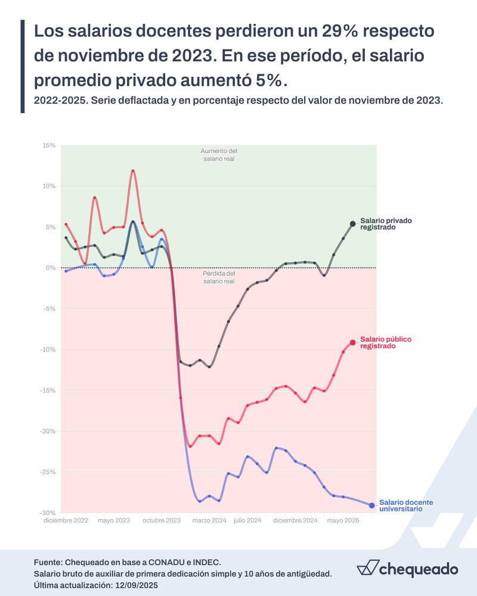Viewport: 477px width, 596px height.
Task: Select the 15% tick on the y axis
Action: (x=49, y=145)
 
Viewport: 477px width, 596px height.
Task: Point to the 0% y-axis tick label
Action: (x=51, y=268)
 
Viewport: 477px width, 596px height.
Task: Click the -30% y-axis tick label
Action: (x=48, y=513)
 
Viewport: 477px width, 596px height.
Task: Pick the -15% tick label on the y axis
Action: (x=48, y=390)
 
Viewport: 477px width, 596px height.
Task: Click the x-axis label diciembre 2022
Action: (x=66, y=520)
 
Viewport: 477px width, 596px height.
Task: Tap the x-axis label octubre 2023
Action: (x=162, y=520)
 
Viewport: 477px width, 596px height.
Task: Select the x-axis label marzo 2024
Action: (x=209, y=520)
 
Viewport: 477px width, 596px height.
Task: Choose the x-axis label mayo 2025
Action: (x=343, y=520)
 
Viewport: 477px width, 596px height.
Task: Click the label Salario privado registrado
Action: (x=386, y=223)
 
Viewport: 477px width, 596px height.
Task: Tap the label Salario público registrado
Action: (x=386, y=342)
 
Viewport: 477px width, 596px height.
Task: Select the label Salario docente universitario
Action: (x=405, y=505)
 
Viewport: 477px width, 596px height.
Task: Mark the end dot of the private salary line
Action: (x=352, y=223)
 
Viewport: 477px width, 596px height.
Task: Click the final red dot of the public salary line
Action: (x=352, y=342)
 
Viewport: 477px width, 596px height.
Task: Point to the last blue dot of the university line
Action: (x=371, y=505)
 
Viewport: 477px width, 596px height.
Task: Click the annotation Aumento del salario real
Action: (x=219, y=155)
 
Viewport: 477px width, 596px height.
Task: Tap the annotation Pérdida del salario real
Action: (x=219, y=277)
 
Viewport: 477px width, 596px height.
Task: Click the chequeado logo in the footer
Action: (x=407, y=568)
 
